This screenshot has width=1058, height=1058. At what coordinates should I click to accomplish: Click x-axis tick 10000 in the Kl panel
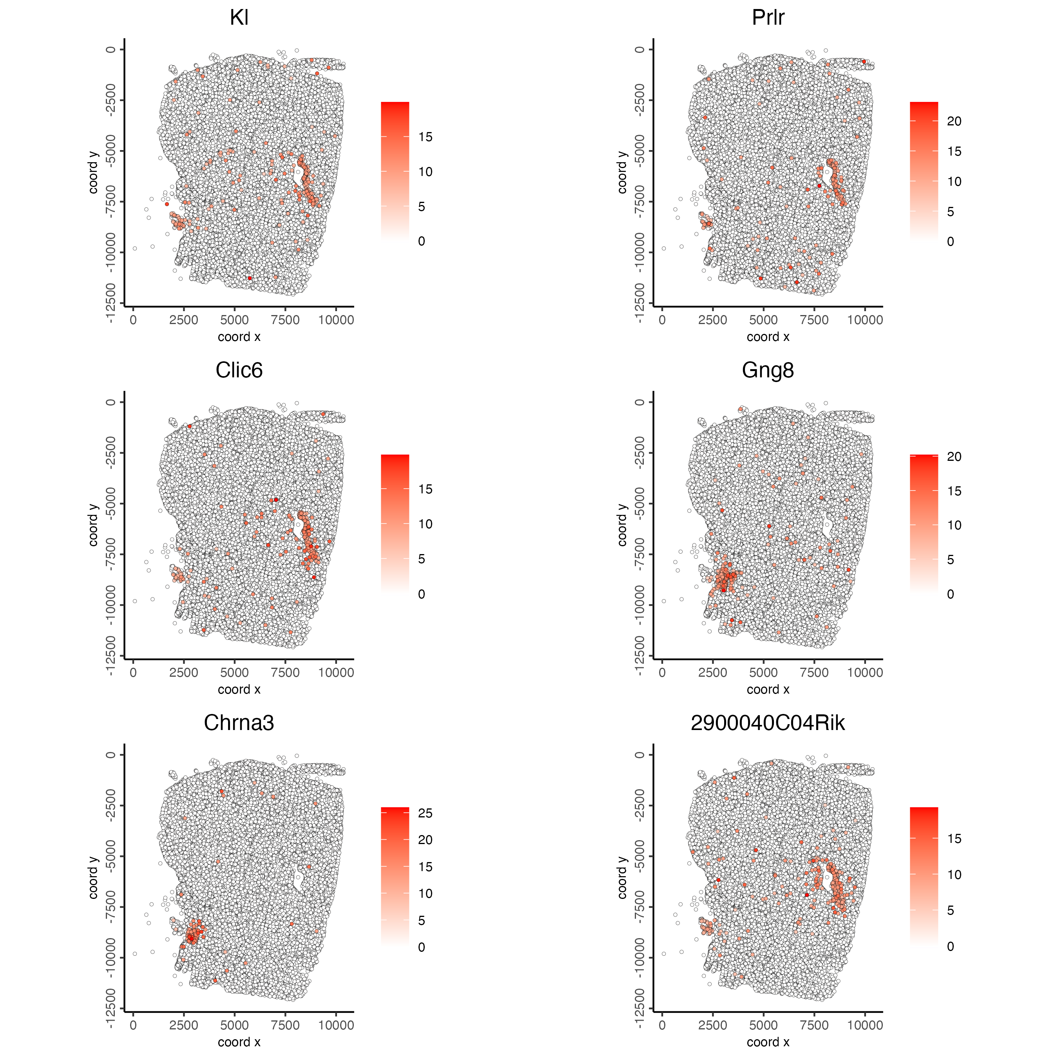[x=336, y=320]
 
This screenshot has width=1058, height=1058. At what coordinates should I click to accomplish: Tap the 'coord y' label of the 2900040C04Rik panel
[x=622, y=877]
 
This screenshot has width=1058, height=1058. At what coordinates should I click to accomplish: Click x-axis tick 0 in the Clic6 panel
[x=133, y=672]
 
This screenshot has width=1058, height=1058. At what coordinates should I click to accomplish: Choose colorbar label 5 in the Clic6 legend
[x=422, y=559]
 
